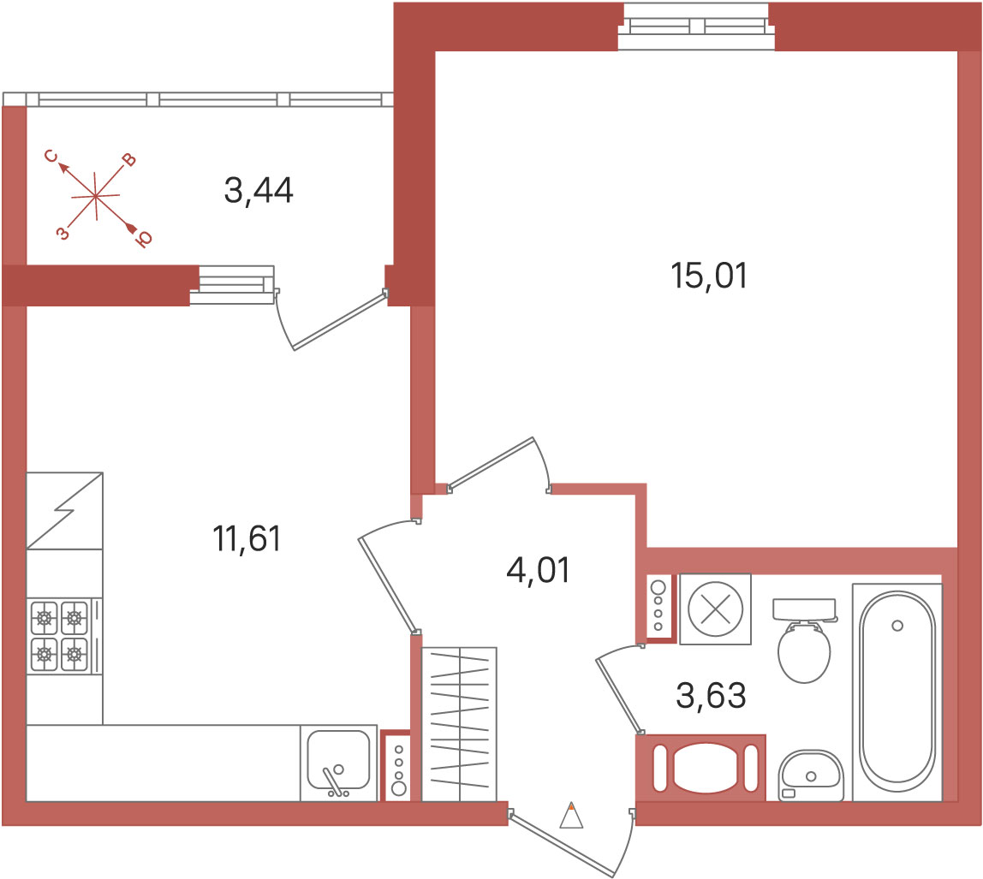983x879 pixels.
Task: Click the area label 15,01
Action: pos(709,276)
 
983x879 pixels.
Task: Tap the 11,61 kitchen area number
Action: pos(247,539)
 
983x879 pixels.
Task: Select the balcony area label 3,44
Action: pos(259,191)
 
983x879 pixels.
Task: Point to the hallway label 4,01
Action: pos(538,570)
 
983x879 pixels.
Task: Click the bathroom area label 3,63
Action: pos(711,696)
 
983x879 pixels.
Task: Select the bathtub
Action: pos(897,692)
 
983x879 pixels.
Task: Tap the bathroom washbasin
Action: pos(811,775)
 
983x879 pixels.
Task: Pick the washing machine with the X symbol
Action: pos(715,609)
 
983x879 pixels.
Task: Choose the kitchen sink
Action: pos(338,763)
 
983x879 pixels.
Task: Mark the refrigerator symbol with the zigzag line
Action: pos(64,511)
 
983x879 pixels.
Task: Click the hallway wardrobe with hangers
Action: pos(459,724)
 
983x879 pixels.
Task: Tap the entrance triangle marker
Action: pos(571,816)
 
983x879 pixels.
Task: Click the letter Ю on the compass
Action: pos(144,240)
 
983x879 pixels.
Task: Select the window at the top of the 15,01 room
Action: pos(696,27)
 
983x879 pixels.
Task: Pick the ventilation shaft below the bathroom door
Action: pos(701,768)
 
